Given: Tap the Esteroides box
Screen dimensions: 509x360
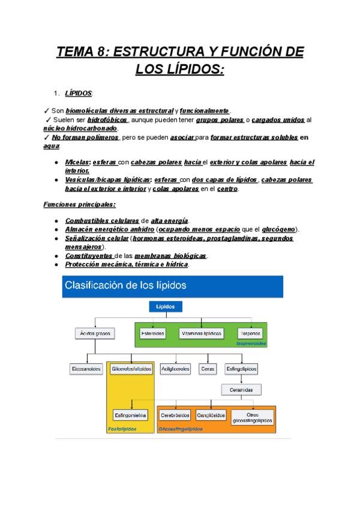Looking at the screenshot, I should pos(153,333).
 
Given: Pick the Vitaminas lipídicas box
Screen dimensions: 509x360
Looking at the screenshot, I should pos(202,333).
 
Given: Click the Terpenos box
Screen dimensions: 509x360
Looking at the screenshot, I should pos(251,333).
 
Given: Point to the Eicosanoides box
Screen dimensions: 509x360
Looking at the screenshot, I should pos(86,369).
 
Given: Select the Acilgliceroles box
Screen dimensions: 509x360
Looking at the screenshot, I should pos(175,369).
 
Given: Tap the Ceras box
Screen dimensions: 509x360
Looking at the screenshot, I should pos(208,369).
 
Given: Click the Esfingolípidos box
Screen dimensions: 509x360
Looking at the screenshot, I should pos(241,369).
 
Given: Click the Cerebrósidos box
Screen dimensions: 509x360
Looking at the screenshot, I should pos(175,415).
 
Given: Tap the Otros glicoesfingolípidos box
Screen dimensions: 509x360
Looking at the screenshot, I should pos(253,417).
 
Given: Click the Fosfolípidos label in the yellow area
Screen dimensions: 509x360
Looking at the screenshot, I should pos(122,429).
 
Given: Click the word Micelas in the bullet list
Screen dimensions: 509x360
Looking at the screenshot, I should pos(77,163).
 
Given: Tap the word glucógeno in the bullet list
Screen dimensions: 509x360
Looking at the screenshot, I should pos(280,229).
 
